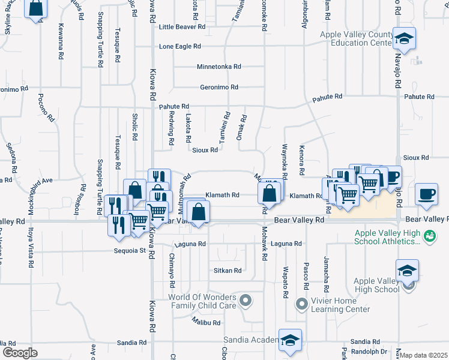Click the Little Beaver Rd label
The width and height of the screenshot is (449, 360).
pyautogui.click(x=182, y=27)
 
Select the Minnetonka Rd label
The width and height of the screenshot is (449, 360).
pyautogui.click(x=219, y=67)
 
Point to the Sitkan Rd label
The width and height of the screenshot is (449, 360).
pyautogui.click(x=228, y=271)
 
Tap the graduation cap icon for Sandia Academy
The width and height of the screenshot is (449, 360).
pyautogui.click(x=290, y=340)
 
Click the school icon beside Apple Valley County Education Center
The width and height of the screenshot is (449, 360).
pyautogui.click(x=405, y=38)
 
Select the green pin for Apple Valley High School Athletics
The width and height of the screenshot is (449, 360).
pyautogui.click(x=429, y=235)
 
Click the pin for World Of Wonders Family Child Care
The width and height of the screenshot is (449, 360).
pyautogui.click(x=244, y=299)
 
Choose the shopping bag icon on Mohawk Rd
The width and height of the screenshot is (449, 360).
pyautogui.click(x=270, y=193)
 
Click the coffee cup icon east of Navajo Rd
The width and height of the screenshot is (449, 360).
pyautogui.click(x=426, y=195)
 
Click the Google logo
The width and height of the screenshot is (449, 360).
pyautogui.click(x=20, y=352)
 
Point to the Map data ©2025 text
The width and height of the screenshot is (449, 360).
pyautogui.click(x=424, y=355)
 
